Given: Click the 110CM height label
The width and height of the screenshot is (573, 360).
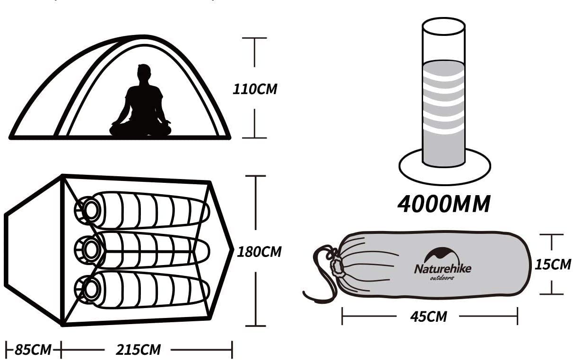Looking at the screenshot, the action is click(x=255, y=89).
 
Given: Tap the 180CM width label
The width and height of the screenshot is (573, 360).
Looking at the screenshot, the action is click(x=259, y=252).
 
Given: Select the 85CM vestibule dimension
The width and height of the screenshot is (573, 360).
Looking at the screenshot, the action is click(x=33, y=350).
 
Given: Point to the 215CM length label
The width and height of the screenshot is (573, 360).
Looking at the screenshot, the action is click(x=138, y=350).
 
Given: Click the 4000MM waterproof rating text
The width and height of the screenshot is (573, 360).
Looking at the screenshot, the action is click(x=444, y=204).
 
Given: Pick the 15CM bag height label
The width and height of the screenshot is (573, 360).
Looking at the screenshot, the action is click(x=553, y=264).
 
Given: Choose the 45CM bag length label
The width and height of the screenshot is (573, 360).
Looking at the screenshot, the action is click(x=428, y=317).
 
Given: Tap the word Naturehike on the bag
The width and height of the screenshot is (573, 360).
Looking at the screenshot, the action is click(x=443, y=269).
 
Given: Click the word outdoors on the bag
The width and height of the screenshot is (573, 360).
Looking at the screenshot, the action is click(x=442, y=278).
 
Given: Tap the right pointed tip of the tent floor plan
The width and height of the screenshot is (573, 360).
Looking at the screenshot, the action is click(x=233, y=249).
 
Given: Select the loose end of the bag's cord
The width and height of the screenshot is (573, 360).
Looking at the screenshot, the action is click(x=305, y=293).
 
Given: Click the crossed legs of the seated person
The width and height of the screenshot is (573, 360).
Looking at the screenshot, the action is click(x=140, y=129).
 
